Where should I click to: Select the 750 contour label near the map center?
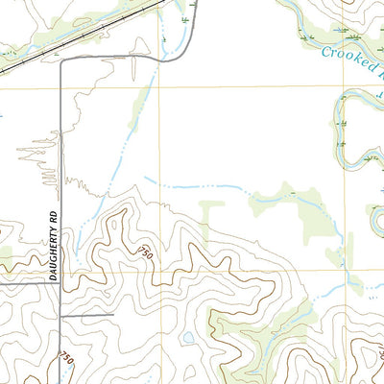(146, 252)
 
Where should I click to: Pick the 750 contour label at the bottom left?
(66, 357)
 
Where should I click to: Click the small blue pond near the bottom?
(189, 339)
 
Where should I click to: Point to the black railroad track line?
(77, 38)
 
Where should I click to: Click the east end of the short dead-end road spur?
(113, 314)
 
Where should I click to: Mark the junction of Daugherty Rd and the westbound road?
(62, 284)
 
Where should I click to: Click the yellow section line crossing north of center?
(160, 87)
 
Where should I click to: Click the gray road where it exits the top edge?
(195, 3)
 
